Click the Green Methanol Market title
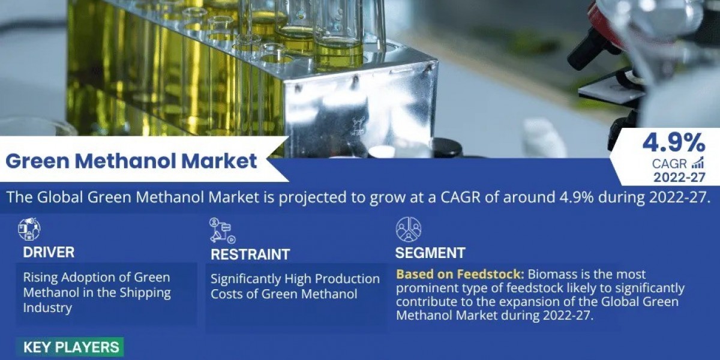coord(131,161)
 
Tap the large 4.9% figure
coord(673,143)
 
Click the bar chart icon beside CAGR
coord(698,163)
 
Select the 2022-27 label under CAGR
coord(679,177)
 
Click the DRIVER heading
coord(49,253)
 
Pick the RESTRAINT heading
coord(250,254)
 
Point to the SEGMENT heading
coord(430,253)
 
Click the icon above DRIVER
coord(28,229)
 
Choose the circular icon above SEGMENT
coord(408,229)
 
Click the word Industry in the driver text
coord(47,308)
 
